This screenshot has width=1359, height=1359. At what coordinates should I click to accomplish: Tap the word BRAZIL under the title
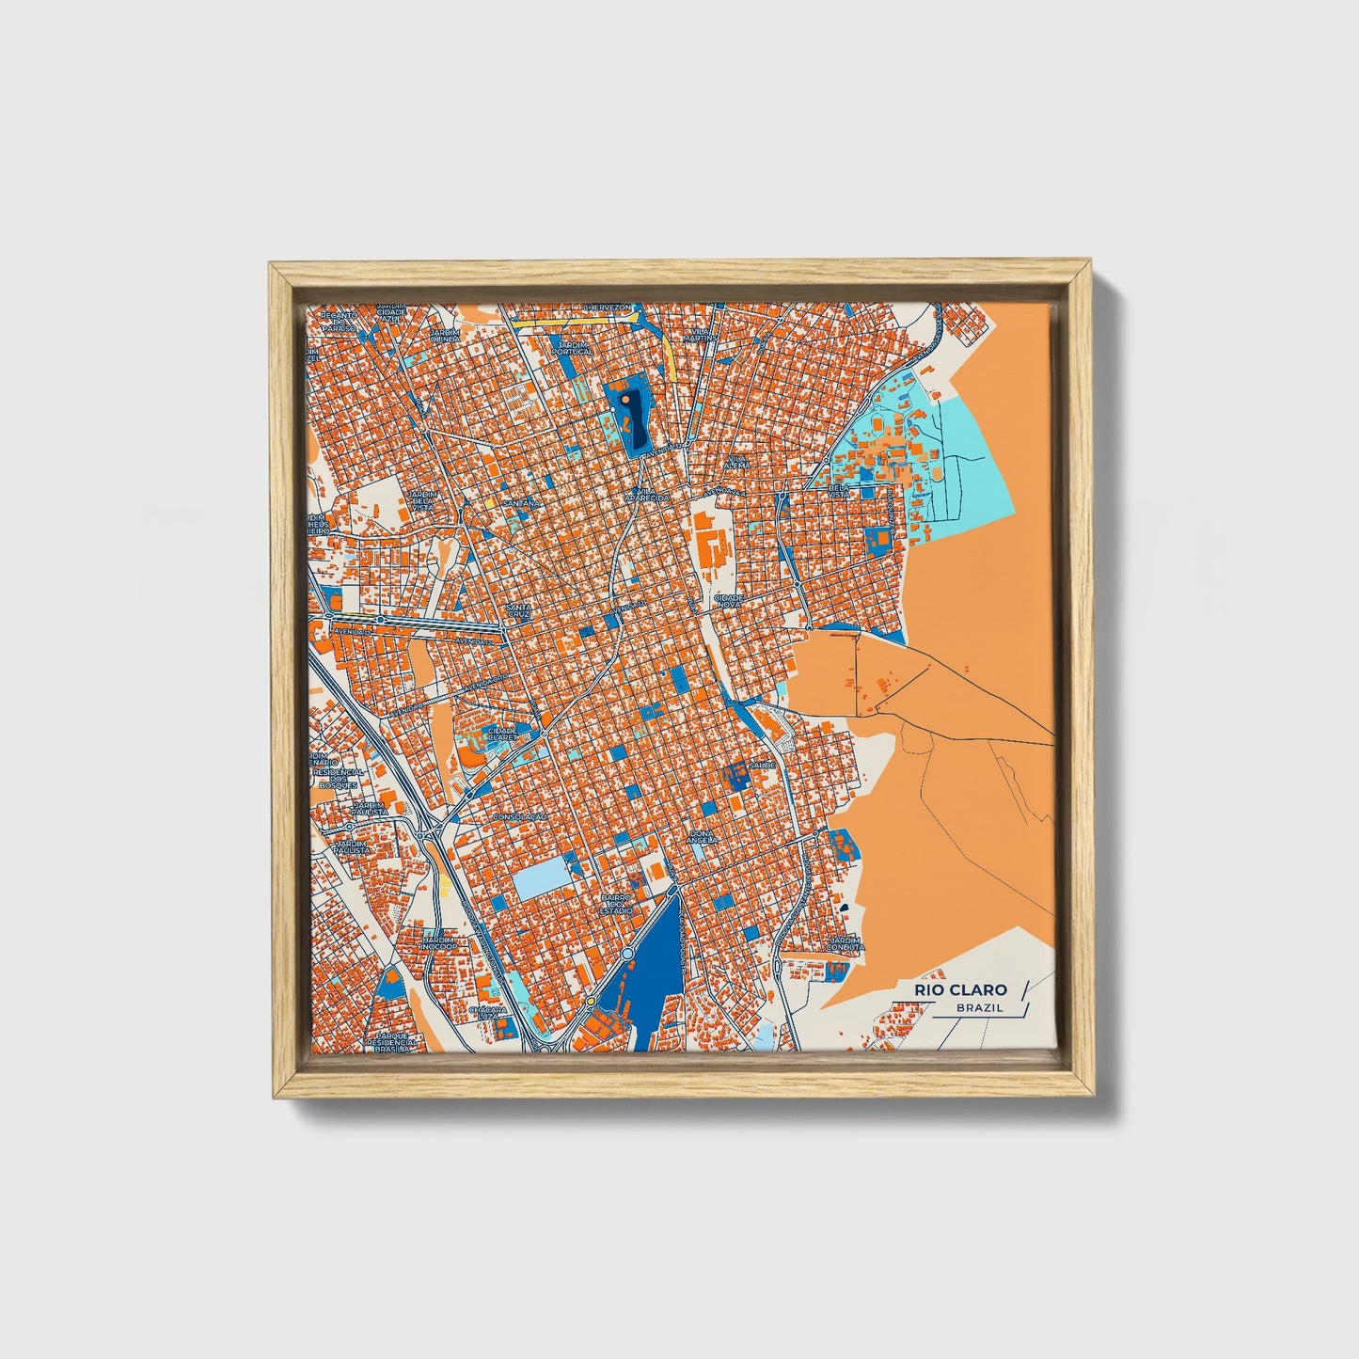click(978, 1008)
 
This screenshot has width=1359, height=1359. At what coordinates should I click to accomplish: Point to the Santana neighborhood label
click(523, 504)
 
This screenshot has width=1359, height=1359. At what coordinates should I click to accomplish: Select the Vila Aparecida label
click(653, 494)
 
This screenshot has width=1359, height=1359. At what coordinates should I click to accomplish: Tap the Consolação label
click(520, 818)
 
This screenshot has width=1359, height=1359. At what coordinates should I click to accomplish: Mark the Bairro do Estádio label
click(617, 905)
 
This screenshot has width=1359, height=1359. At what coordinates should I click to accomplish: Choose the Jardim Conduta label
click(845, 944)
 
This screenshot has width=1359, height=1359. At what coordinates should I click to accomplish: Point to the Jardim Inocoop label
click(438, 942)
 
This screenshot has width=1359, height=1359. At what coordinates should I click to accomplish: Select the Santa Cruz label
click(518, 611)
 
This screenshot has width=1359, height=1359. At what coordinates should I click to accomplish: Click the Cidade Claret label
click(500, 734)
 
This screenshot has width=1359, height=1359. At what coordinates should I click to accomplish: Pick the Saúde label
click(763, 766)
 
